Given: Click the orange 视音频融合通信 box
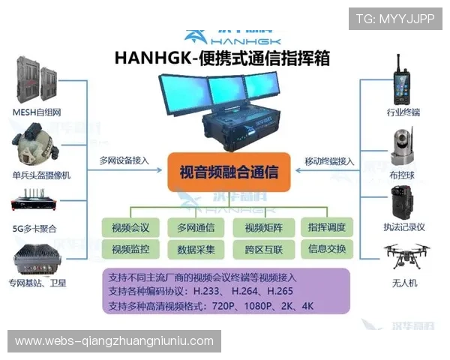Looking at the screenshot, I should coord(229,173).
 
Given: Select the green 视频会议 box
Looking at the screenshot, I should coord(130,227).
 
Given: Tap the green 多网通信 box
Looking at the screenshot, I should coord(196,227).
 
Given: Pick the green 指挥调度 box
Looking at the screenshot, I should coord(326,226).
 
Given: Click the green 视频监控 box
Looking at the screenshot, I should coord(130,249).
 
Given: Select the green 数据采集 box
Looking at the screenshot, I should coord(196,249).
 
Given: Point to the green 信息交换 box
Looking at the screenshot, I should coord(326,248).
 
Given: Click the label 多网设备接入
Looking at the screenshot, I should coord(124,160).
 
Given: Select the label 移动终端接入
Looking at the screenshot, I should coord(328,160).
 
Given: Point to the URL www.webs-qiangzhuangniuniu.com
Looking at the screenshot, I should coord(114,341).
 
